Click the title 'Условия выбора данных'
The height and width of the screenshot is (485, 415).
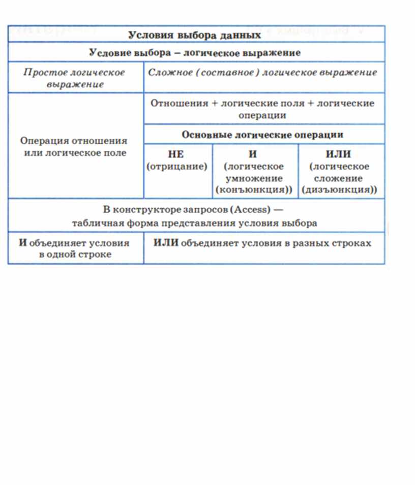(195, 35)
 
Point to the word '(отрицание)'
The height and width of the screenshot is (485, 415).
(177, 167)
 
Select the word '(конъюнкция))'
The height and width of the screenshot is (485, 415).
(254, 190)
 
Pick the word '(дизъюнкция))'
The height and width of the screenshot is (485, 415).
(339, 190)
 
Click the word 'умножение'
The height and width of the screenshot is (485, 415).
(254, 178)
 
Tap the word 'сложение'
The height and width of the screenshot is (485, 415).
(339, 178)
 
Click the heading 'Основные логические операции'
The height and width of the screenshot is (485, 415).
(262, 135)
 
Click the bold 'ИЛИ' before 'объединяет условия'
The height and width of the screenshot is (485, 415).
(166, 243)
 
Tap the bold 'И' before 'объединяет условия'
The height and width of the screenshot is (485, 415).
(22, 243)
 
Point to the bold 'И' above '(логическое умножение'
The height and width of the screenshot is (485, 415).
(253, 155)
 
